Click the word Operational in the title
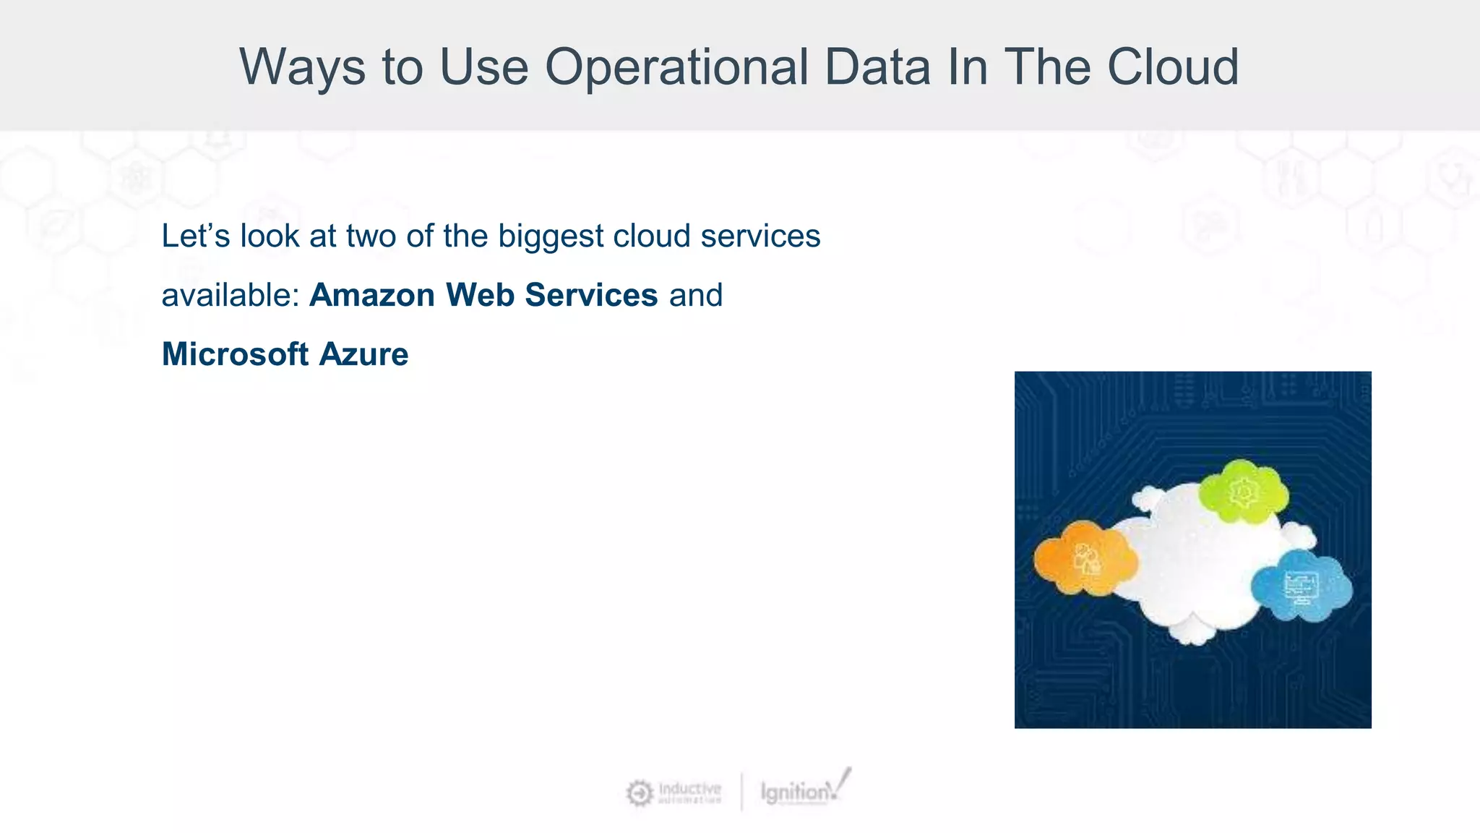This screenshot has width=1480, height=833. coord(676,67)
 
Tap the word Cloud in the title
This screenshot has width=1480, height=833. coord(1173,67)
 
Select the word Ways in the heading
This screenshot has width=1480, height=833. coord(302,67)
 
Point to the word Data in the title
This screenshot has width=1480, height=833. coord(877,67)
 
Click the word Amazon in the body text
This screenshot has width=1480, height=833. coord(371,295)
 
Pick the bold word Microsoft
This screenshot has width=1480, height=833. coord(235,354)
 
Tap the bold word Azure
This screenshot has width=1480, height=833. coord(363,354)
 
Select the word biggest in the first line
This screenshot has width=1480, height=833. coord(551,236)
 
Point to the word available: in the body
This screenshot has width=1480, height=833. coord(230,295)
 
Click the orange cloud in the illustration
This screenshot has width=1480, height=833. coord(1083,558)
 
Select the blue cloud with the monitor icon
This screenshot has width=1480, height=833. coord(1301,586)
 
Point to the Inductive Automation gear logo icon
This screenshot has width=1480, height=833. coord(639,793)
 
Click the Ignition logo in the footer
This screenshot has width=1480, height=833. coord(802,790)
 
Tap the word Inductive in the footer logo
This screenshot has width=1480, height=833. coord(689,787)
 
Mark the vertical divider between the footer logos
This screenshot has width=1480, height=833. coord(741,792)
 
